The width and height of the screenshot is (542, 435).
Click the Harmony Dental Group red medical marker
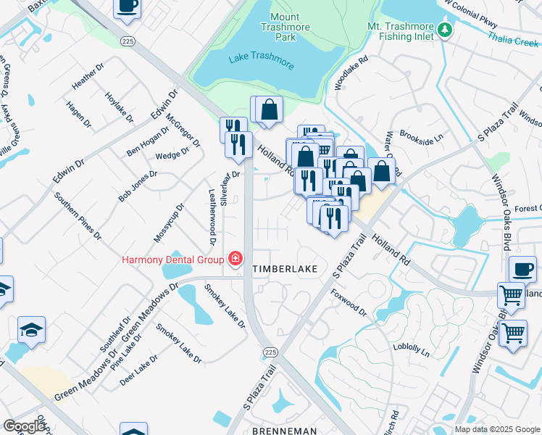[x=235, y=258]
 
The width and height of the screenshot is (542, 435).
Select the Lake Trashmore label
[x=261, y=61]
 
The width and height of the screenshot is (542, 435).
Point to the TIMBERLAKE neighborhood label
[x=285, y=269]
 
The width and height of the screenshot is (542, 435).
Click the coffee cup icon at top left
[x=127, y=7]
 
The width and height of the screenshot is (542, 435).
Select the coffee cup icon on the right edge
[x=522, y=270]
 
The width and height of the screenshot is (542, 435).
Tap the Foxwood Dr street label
[x=349, y=305]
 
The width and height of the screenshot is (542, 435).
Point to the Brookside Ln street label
[x=421, y=138]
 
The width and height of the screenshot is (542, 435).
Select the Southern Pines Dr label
[x=78, y=215]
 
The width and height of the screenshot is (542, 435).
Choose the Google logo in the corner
[x=25, y=426]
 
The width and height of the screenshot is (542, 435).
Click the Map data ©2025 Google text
[x=497, y=429]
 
